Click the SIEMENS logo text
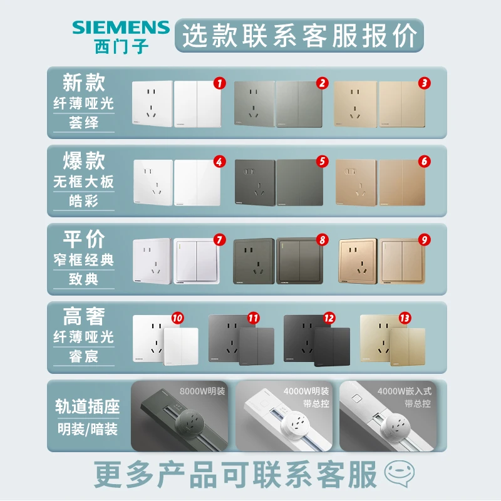[x=120, y=27]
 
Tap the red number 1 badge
[x=219, y=82]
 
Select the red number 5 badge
[x=322, y=161]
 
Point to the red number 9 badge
[x=424, y=239]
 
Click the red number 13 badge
[x=405, y=318]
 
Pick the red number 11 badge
[x=253, y=318]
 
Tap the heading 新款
[x=84, y=82]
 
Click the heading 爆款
[x=84, y=160]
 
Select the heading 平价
[x=84, y=239]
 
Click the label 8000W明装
[x=202, y=391]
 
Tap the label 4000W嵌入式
[x=405, y=391]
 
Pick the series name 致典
[x=84, y=279]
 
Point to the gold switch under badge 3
[x=402, y=104]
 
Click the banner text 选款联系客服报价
[x=299, y=36]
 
